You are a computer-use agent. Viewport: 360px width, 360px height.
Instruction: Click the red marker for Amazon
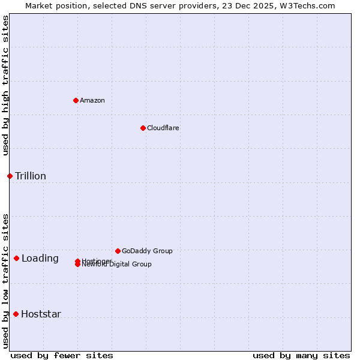[76, 100]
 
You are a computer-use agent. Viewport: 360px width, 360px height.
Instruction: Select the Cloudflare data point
[143, 128]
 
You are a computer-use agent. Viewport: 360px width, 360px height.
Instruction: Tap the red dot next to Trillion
[10, 176]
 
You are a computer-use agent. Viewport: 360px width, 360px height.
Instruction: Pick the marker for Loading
[16, 258]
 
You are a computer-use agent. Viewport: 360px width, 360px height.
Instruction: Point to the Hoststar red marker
[16, 314]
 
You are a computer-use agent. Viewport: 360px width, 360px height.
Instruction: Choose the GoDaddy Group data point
[118, 251]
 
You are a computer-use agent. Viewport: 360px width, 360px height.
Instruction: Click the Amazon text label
[92, 100]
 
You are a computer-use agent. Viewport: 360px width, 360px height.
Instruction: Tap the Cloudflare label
[163, 128]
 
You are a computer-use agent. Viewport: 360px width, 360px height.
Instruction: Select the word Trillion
[31, 176]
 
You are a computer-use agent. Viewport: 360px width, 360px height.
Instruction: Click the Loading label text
[40, 259]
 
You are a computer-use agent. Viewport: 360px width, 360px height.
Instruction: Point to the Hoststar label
[41, 314]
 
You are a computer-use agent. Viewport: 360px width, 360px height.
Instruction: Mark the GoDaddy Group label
[147, 251]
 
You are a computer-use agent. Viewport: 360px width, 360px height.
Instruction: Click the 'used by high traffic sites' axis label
[5, 85]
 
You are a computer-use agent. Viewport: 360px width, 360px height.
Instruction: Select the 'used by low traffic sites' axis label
[5, 281]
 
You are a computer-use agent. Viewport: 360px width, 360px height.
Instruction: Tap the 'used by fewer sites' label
[62, 355]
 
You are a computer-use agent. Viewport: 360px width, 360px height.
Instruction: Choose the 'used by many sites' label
[301, 355]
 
